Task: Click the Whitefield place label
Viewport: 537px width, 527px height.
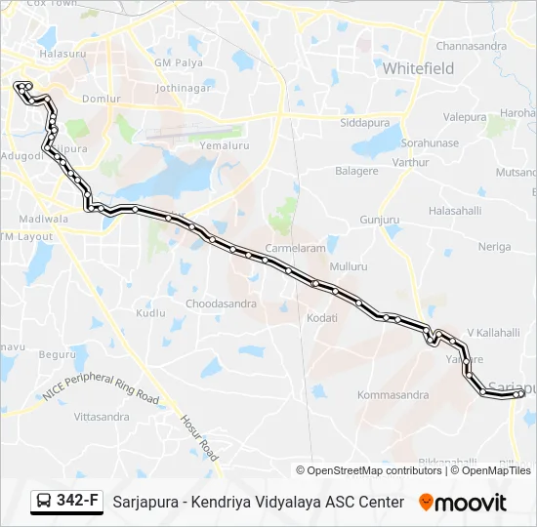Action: (418, 68)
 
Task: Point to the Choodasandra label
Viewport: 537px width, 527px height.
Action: (221, 304)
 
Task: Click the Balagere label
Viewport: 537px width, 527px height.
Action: (356, 171)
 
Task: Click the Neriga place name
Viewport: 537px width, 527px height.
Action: (494, 247)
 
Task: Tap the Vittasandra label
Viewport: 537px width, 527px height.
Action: (102, 417)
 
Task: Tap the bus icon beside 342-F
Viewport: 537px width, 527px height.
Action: (45, 502)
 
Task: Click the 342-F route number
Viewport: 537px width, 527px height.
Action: (77, 502)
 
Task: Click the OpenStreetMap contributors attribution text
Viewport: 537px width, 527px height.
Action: (375, 470)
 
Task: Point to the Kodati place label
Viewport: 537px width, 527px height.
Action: (322, 318)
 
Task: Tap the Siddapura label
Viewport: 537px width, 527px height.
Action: (364, 123)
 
